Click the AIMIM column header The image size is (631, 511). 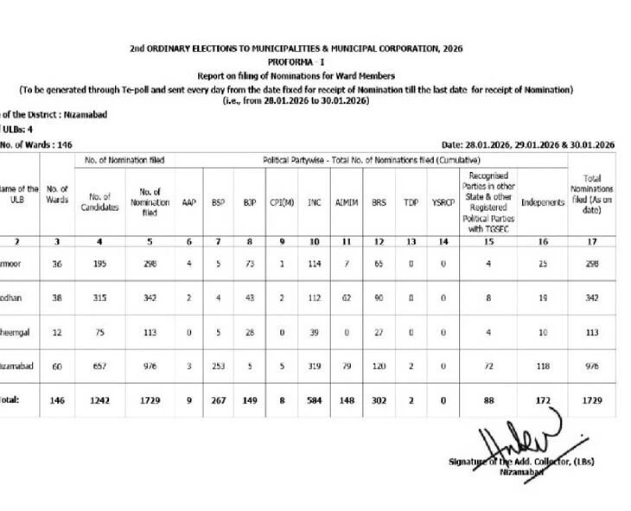click(x=345, y=203)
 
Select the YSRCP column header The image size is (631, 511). click(x=443, y=203)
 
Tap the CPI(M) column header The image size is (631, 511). click(x=282, y=203)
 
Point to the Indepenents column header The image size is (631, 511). click(x=543, y=203)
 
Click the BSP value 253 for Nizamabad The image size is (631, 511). click(x=219, y=367)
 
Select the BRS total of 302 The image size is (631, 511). click(x=379, y=401)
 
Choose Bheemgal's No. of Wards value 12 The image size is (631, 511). click(x=58, y=331)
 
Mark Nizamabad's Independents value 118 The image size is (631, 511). click(x=543, y=367)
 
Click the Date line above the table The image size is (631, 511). click(x=527, y=145)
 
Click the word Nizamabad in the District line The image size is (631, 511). click(x=87, y=115)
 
